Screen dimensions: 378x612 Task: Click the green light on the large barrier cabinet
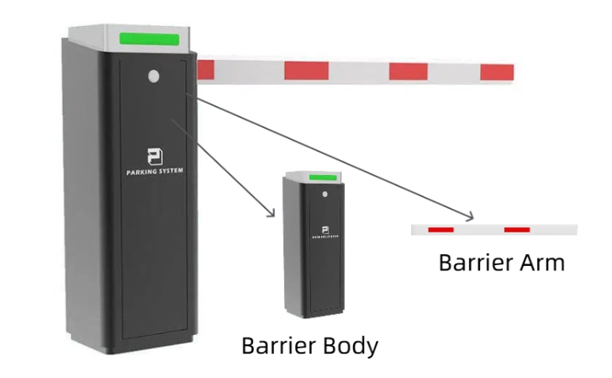[x=150, y=39]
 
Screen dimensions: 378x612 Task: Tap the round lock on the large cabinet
[x=153, y=77]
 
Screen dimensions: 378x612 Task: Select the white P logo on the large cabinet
[x=154, y=157]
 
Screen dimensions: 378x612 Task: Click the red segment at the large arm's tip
[x=497, y=72]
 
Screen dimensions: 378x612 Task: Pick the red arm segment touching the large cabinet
[x=204, y=70]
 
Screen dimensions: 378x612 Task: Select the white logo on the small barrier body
[x=323, y=229]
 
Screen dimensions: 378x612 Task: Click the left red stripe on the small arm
[x=441, y=229]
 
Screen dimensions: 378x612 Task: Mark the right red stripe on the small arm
[x=517, y=229]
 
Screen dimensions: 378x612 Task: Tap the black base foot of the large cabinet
[x=135, y=347]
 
